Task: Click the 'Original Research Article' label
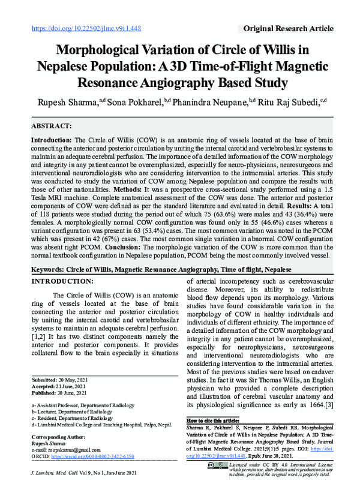pos(288,28)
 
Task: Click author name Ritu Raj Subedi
pos(293,103)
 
